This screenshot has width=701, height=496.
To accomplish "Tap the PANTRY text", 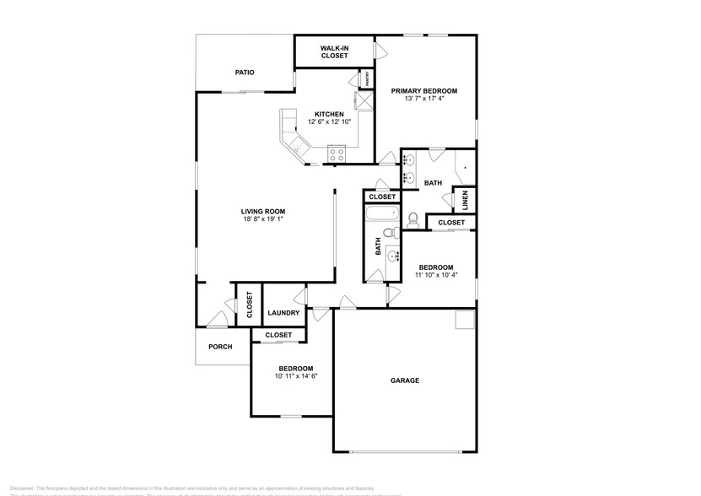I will click(368, 79).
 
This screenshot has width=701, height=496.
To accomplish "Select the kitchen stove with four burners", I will click(337, 154).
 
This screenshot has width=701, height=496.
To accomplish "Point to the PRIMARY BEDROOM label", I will click(423, 91).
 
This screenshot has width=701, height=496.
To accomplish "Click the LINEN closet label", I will click(463, 199).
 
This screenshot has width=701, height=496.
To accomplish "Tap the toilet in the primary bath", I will click(413, 219).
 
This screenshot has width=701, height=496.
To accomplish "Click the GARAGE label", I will click(404, 380).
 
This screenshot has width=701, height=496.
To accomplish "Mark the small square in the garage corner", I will click(464, 320).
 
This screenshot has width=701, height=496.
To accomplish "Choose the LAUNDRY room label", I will click(283, 313).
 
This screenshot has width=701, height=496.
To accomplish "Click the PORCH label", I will click(220, 346).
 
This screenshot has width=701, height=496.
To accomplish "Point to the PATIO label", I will click(244, 73).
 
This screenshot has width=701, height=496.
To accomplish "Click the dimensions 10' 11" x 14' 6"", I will click(295, 377).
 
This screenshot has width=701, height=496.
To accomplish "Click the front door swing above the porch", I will click(218, 319).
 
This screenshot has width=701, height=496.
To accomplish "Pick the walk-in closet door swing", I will click(380, 50).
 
